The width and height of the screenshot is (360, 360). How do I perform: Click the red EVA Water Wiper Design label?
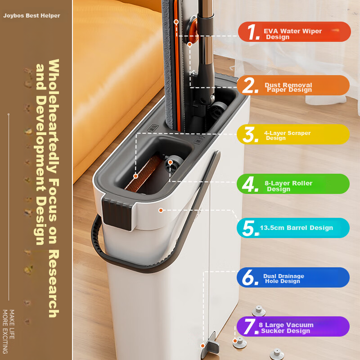293,31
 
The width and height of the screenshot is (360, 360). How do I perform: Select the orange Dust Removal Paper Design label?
293,85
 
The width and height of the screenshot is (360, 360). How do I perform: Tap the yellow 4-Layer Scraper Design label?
293,135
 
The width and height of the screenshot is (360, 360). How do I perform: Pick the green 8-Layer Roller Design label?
293,184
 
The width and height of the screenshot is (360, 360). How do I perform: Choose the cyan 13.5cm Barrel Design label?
293,228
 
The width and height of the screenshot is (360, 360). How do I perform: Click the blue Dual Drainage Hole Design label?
293,278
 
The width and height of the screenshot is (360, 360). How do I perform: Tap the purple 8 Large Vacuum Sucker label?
293,327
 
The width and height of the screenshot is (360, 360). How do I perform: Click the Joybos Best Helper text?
31,16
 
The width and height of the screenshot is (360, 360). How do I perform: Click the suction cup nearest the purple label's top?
259,310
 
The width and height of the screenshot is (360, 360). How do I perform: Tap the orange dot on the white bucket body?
161,210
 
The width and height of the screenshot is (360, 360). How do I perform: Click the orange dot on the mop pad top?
176,22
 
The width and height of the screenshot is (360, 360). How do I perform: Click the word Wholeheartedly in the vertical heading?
53,117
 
